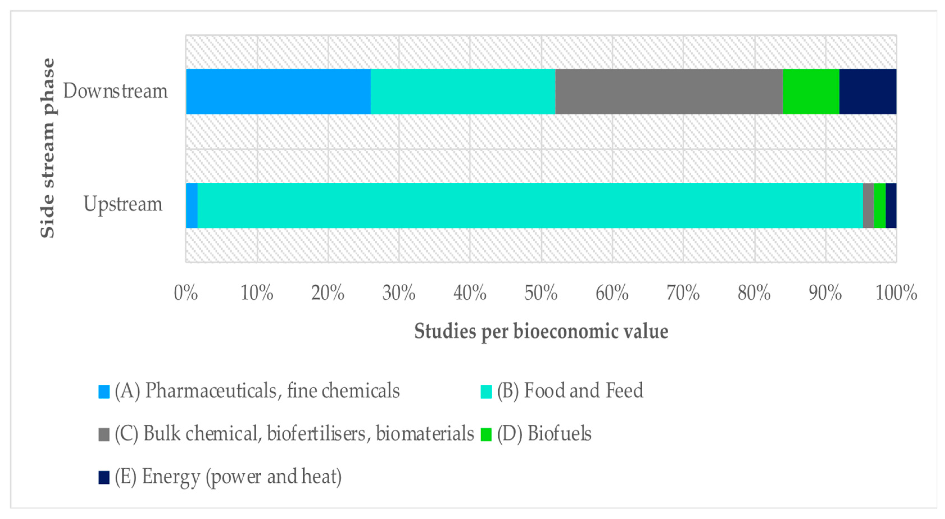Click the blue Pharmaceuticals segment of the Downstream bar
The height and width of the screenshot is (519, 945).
(x=278, y=91)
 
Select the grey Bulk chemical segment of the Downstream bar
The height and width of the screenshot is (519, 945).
(x=669, y=91)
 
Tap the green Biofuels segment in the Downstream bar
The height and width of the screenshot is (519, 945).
(x=811, y=91)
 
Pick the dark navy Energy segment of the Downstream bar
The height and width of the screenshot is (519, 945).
(x=868, y=91)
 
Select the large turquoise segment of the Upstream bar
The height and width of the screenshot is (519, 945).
(x=530, y=205)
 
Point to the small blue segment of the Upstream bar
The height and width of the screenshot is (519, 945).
(x=191, y=205)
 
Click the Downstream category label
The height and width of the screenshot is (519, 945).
(x=115, y=91)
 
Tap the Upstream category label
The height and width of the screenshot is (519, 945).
(x=122, y=204)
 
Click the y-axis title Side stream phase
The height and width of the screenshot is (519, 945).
(x=48, y=148)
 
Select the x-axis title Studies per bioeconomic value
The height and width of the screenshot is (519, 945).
(x=541, y=332)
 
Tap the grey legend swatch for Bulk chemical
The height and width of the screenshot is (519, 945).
(x=104, y=434)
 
